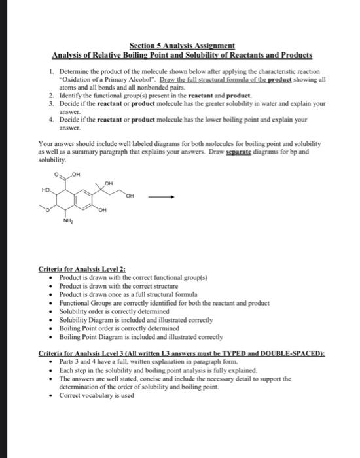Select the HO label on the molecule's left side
(45, 188)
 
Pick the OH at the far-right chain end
(132, 194)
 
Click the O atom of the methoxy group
(47, 208)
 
